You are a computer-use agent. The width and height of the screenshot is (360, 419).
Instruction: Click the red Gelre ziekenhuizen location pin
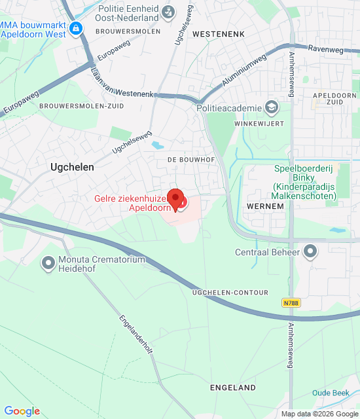(175, 198)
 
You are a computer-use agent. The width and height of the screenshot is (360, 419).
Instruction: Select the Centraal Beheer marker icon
(310, 251)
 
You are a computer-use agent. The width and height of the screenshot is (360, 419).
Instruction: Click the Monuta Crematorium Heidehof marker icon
(48, 264)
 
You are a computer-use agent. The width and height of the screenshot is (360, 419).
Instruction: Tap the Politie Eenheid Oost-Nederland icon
(169, 11)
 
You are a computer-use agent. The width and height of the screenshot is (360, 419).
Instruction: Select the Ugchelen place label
(72, 167)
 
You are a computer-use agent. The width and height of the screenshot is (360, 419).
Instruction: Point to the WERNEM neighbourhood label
(265, 206)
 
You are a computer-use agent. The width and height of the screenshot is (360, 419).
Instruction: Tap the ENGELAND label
(233, 388)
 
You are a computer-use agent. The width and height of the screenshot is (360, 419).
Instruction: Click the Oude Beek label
(329, 393)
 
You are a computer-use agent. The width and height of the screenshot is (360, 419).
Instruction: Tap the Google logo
(22, 410)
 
